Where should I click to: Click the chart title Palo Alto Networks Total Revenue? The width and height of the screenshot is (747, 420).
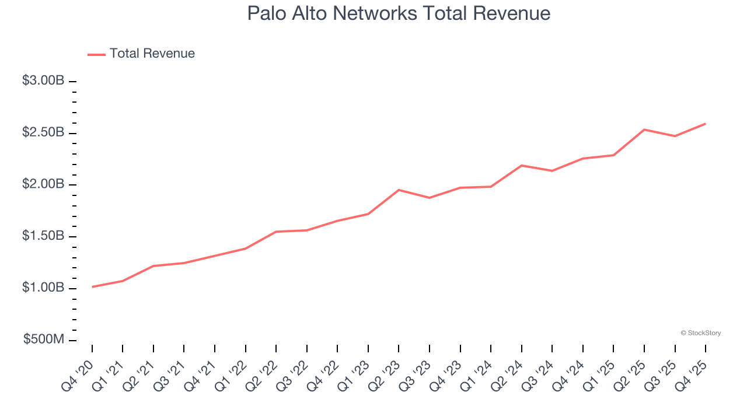(399, 13)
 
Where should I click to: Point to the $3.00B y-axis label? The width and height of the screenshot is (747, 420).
(43, 81)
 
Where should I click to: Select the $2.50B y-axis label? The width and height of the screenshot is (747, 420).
(43, 133)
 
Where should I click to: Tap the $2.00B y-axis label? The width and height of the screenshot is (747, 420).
(43, 185)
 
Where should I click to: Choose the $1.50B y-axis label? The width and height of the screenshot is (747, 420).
(43, 237)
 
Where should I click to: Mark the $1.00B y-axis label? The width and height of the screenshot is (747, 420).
(43, 288)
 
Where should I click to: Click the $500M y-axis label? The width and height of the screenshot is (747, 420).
(44, 340)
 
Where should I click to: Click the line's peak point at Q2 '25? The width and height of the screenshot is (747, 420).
(644, 129)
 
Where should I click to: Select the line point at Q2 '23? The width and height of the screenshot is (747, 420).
(399, 190)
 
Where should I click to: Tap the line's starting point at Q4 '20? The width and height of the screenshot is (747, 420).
(92, 287)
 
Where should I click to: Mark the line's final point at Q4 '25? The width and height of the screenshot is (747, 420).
(706, 124)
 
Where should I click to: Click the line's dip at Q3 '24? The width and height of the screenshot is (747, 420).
(552, 171)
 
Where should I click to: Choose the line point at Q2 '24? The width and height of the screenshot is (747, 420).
(521, 166)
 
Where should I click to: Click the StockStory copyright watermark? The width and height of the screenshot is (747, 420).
(700, 333)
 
